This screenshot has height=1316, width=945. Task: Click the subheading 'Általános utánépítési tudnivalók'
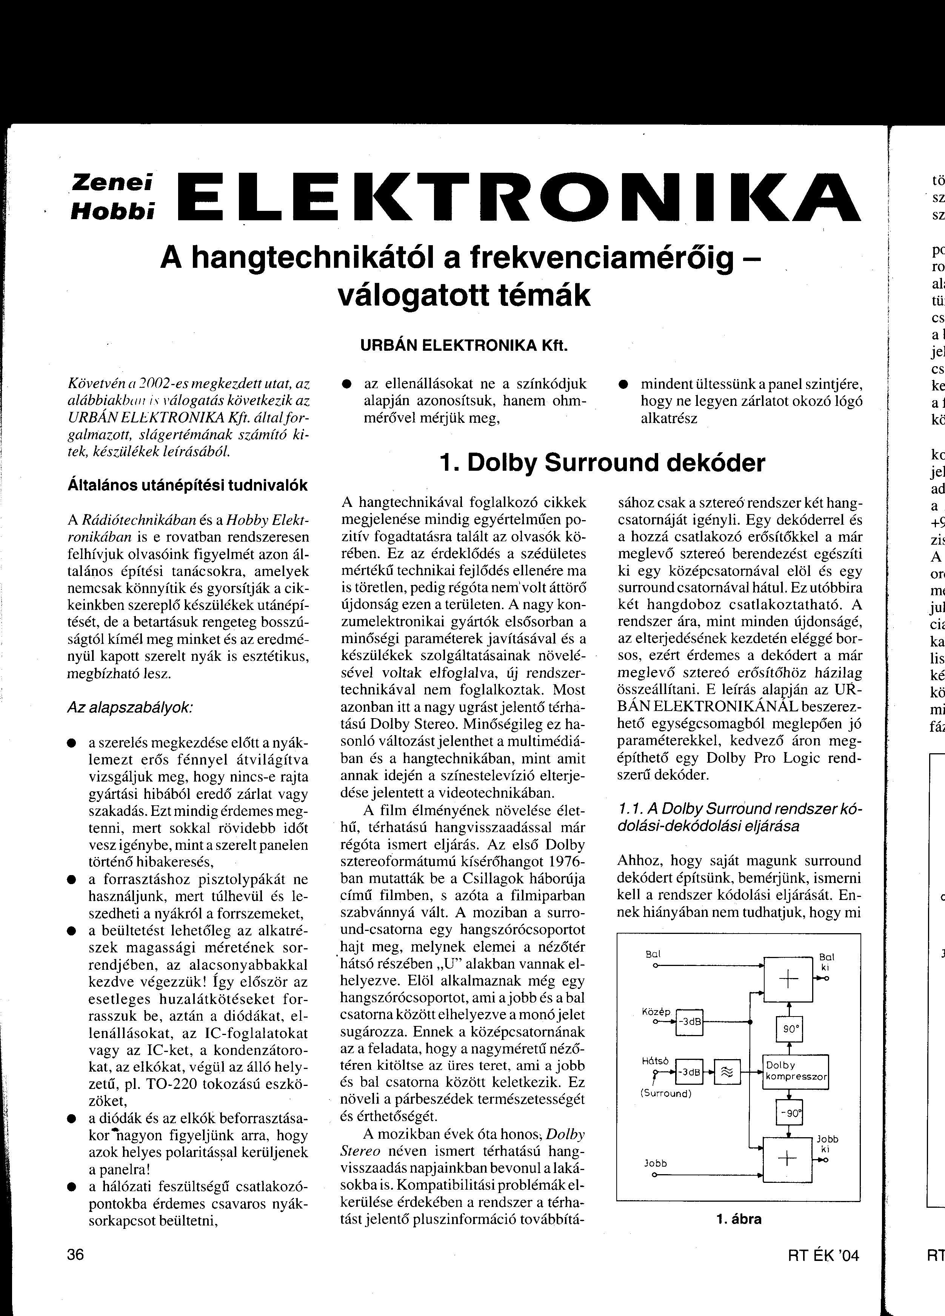pos(188,485)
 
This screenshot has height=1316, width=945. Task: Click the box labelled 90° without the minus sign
pos(788,1030)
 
